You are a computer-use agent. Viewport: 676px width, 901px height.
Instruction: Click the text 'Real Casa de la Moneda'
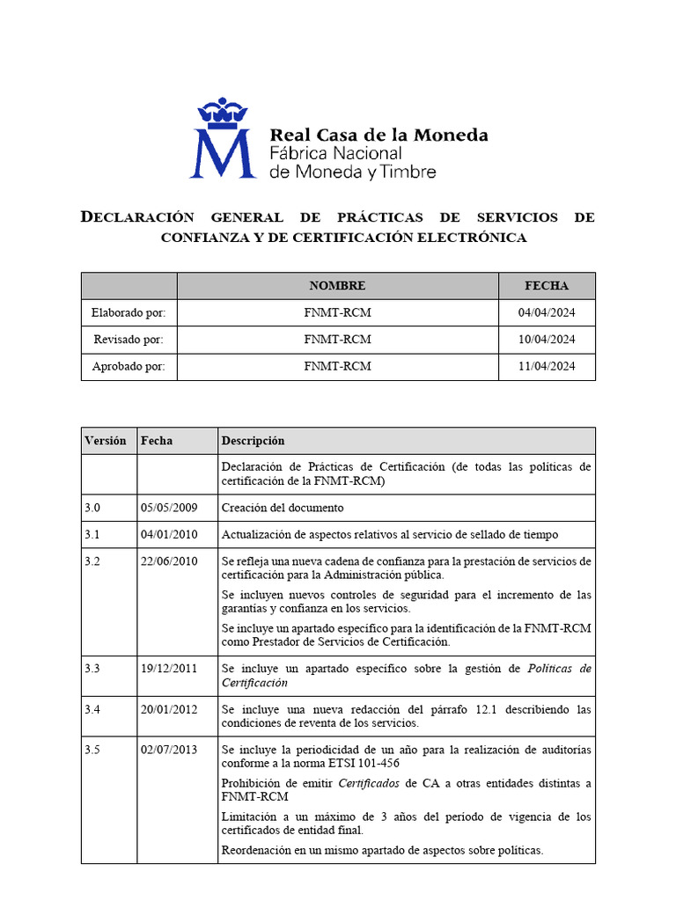click(378, 136)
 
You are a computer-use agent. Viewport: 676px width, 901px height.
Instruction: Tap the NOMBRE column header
click(337, 286)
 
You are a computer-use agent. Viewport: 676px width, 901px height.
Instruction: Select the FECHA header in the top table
click(547, 286)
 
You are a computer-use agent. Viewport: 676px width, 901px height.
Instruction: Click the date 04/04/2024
click(547, 313)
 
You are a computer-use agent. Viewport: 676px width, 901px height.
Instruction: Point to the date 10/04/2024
click(547, 340)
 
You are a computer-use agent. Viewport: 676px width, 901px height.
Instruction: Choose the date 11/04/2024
click(547, 367)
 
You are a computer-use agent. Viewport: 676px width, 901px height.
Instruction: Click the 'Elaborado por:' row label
click(129, 313)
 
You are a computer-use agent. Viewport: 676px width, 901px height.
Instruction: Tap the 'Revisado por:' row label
click(129, 340)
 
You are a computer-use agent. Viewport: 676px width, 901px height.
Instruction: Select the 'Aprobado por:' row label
click(129, 367)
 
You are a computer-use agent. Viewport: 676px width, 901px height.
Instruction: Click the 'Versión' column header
click(106, 441)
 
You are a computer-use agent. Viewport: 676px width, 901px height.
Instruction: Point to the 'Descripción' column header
click(253, 441)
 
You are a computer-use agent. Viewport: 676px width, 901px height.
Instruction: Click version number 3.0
click(93, 509)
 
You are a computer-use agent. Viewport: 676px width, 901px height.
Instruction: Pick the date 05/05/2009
click(169, 509)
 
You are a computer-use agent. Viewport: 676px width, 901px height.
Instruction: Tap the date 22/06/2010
click(169, 562)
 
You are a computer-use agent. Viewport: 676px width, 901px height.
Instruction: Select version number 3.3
click(93, 669)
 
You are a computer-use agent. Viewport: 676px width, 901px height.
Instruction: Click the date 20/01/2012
click(169, 709)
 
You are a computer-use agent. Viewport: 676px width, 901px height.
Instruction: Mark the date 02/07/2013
click(169, 750)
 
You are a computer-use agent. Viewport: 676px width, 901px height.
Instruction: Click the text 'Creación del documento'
click(283, 509)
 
